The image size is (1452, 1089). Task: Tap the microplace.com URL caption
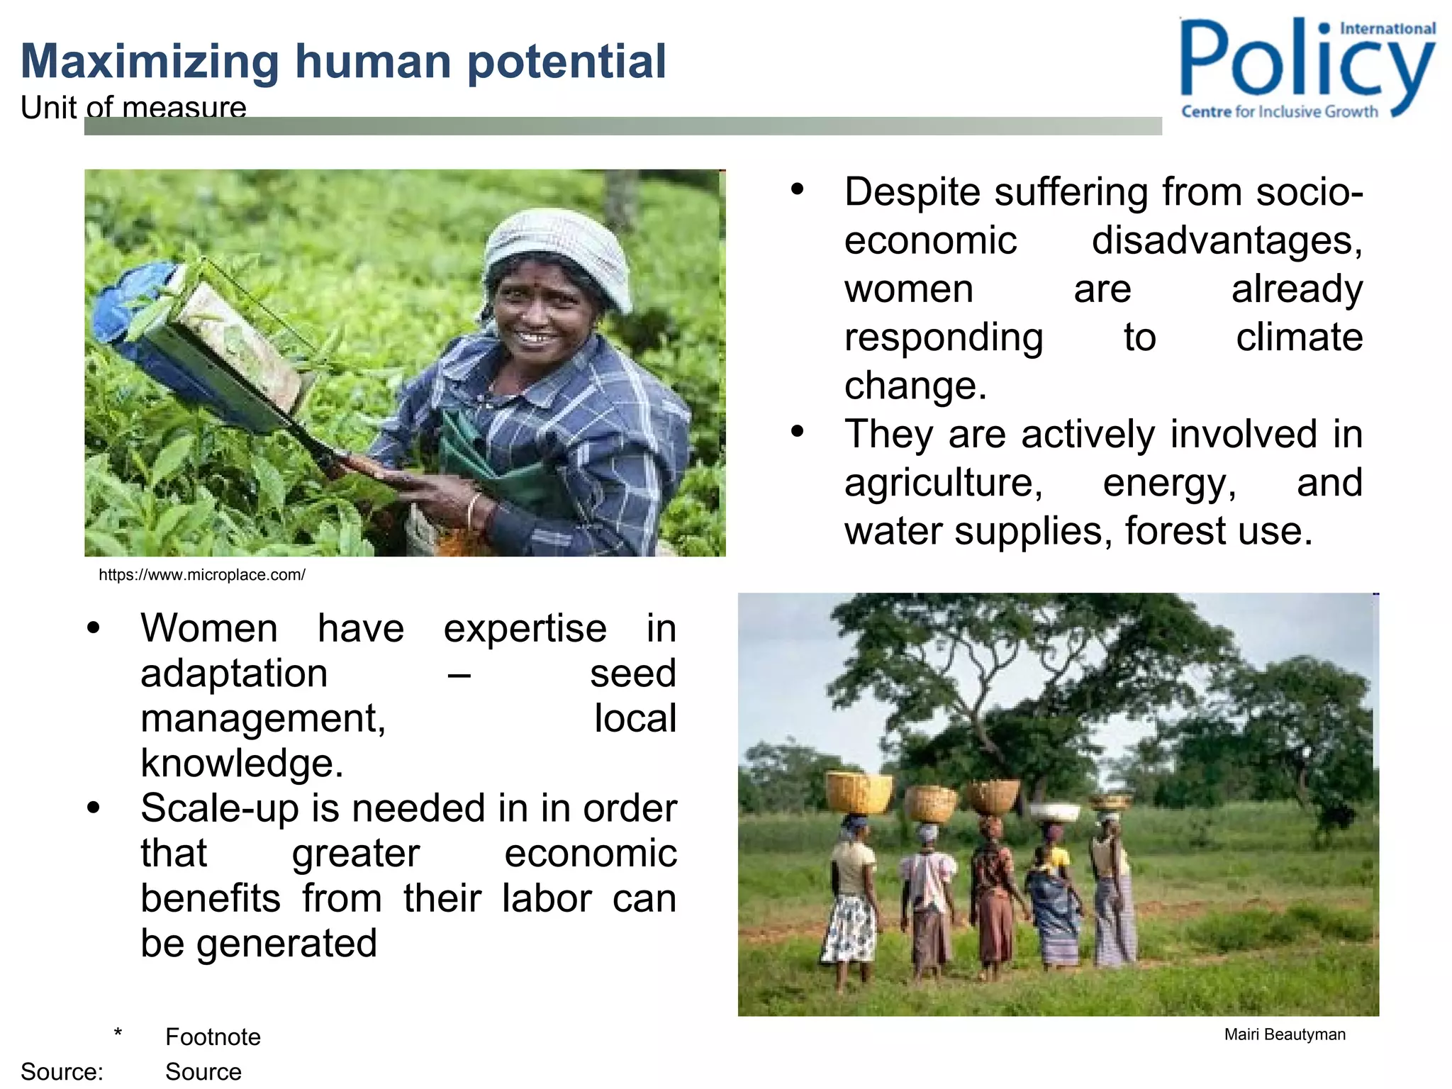pyautogui.click(x=202, y=575)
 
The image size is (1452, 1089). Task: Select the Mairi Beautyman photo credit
pyautogui.click(x=1284, y=1034)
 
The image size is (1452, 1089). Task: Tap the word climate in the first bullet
pyautogui.click(x=1299, y=337)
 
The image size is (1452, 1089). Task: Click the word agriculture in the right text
pyautogui.click(x=943, y=484)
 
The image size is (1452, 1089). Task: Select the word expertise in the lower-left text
pyautogui.click(x=525, y=629)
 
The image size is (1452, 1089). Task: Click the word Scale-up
pyautogui.click(x=219, y=809)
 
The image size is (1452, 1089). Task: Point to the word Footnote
pyautogui.click(x=213, y=1037)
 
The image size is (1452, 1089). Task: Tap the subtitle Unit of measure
pyautogui.click(x=133, y=107)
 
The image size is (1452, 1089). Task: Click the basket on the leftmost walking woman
pyautogui.click(x=859, y=793)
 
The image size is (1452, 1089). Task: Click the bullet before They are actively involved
pyautogui.click(x=798, y=431)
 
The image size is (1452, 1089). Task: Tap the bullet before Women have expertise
pyautogui.click(x=94, y=627)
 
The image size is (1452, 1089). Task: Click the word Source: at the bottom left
pyautogui.click(x=62, y=1071)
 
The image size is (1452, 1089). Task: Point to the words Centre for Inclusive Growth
pyautogui.click(x=1279, y=112)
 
